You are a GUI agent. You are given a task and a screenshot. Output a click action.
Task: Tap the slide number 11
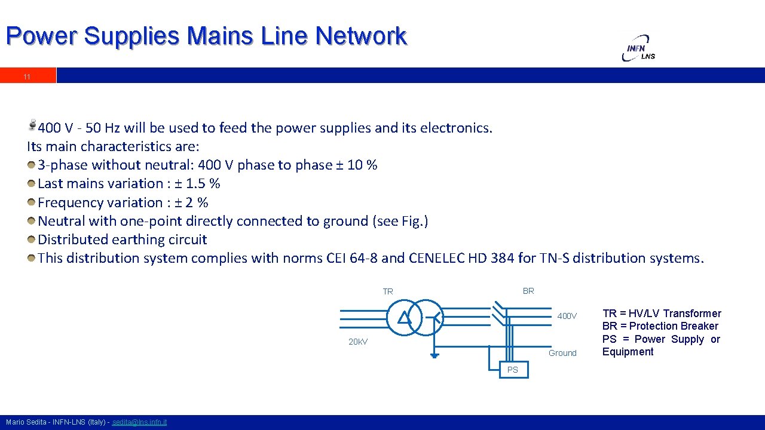(x=27, y=77)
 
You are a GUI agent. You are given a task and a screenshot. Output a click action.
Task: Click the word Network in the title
(x=361, y=36)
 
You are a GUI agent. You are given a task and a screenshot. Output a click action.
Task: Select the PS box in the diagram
(x=513, y=370)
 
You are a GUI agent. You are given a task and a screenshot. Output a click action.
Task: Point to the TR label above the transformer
(x=388, y=291)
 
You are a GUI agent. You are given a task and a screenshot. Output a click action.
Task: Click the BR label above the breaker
(x=528, y=291)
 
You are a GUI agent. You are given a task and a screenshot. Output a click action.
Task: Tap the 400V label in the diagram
(x=567, y=316)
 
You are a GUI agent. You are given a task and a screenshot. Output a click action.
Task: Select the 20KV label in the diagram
(x=358, y=342)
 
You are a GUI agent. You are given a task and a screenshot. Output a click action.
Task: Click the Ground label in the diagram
(x=562, y=353)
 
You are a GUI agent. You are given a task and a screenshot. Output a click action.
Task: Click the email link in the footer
(x=139, y=422)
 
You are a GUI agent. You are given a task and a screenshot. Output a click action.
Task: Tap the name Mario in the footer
(x=16, y=422)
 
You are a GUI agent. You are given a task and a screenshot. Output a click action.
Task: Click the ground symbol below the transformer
(x=434, y=355)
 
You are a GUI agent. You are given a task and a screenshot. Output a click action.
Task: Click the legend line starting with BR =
(x=660, y=326)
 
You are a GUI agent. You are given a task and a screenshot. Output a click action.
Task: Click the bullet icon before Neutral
(x=31, y=221)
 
